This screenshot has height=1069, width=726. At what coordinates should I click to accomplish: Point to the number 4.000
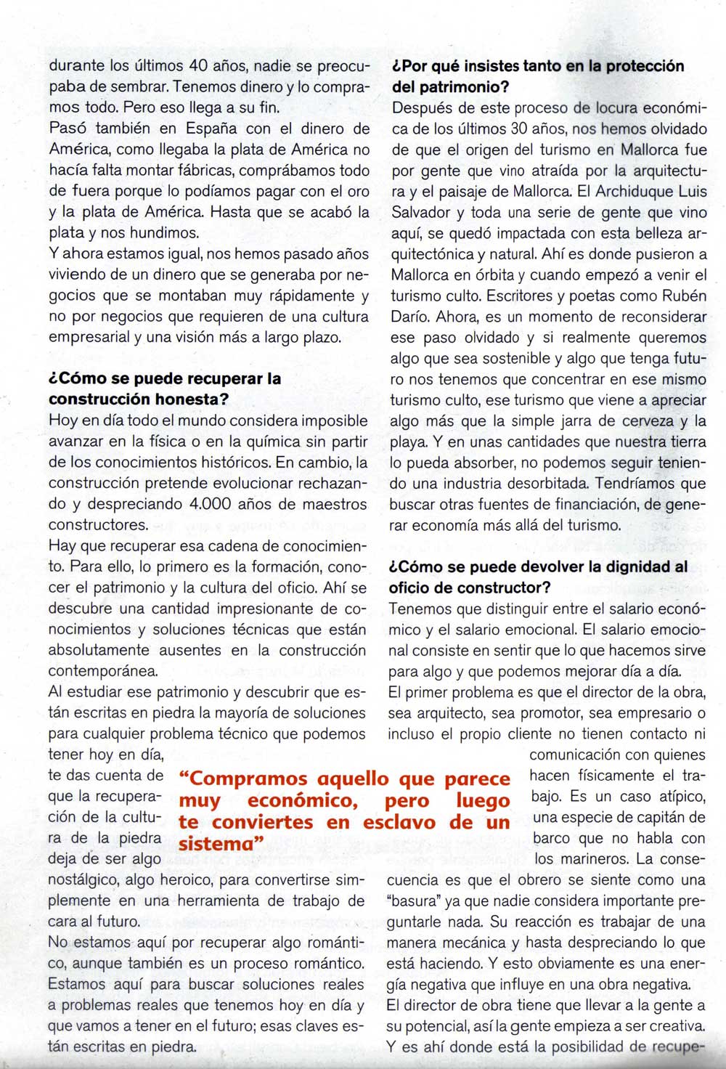click(213, 504)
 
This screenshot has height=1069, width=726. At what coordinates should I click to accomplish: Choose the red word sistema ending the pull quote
click(216, 845)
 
